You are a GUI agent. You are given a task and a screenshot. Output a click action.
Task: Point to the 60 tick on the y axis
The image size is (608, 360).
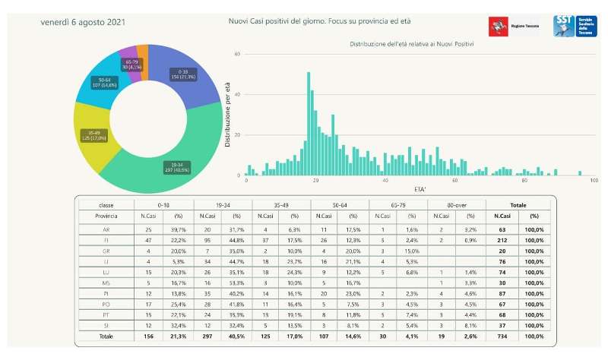[x=238, y=55]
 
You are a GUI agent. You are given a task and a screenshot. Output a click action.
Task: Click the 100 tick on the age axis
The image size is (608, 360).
[x=594, y=181]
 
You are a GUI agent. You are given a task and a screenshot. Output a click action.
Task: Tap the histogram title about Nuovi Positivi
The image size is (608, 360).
[x=411, y=45]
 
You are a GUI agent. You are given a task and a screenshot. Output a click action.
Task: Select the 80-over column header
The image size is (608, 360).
[x=456, y=205]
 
